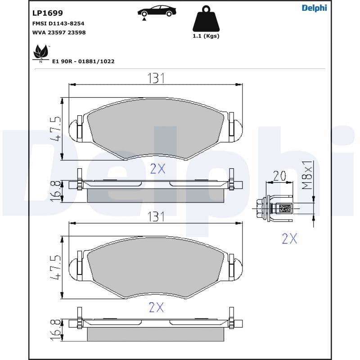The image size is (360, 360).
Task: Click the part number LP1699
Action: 48,13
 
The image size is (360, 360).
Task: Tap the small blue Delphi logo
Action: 314,8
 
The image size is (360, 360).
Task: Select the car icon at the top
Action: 157,12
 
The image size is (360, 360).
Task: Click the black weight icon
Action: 206,19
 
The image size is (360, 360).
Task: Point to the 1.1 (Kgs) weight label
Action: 206,36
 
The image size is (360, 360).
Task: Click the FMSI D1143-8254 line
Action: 58,23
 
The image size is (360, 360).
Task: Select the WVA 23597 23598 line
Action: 59,32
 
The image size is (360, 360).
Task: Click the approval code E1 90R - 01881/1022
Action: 83,61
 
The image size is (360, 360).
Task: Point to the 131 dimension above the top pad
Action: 156,78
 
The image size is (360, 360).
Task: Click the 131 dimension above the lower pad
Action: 156,216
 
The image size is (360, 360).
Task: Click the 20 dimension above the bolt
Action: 279,175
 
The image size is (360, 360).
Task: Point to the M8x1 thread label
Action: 307,175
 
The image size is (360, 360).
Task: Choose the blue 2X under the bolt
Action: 289,238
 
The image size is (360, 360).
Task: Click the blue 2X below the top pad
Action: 157,169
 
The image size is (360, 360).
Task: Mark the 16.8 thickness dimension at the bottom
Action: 56,330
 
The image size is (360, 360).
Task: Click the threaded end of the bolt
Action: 285,208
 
